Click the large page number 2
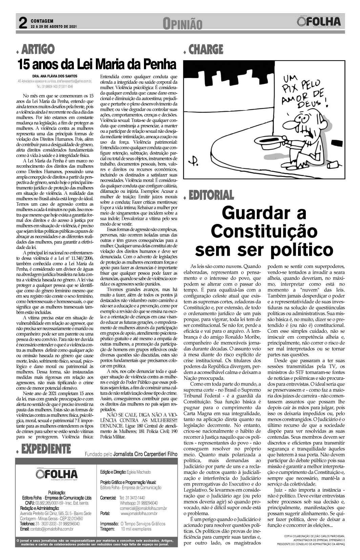pos(23,23)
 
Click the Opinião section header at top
pos(182,24)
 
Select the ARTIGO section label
pos(38,49)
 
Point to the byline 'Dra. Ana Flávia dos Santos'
pos(52,76)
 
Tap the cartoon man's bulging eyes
pos(304,117)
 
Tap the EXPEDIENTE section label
pos(45,449)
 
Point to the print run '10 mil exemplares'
pos(136,529)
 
